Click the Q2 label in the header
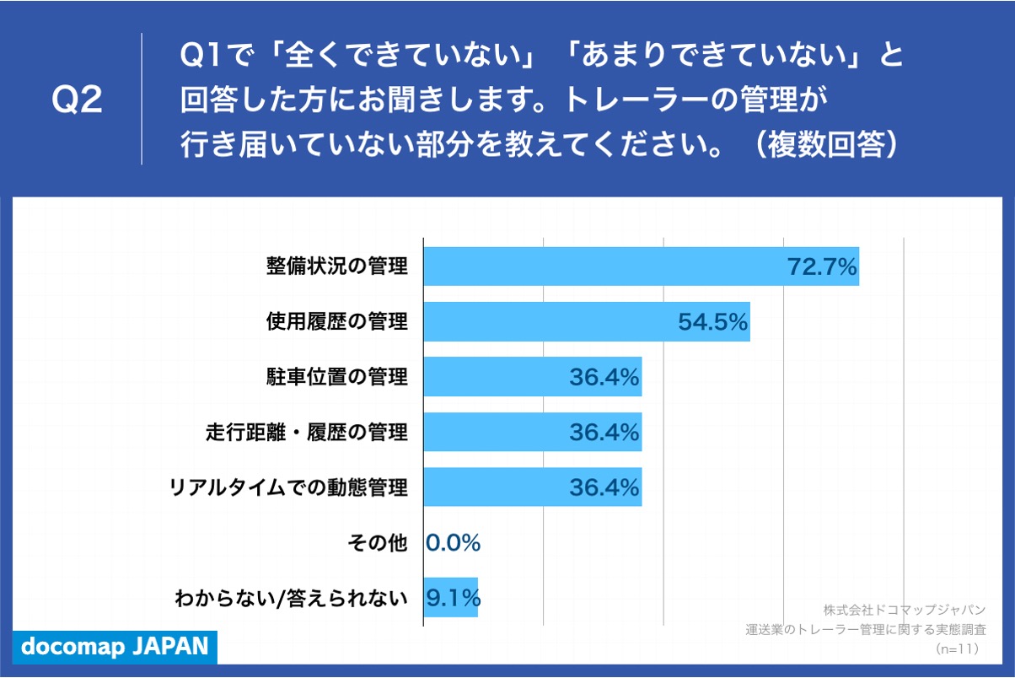tap(77, 100)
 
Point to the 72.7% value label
tap(821, 267)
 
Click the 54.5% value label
tap(713, 322)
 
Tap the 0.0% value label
tap(454, 543)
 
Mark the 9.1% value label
tap(454, 598)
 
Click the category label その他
tap(377, 543)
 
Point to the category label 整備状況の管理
tap(336, 266)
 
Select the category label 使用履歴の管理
tap(336, 321)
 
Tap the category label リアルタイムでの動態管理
tap(288, 487)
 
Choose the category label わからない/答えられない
tap(291, 599)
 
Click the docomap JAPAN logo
tap(114, 647)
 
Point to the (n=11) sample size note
tap(956, 648)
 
